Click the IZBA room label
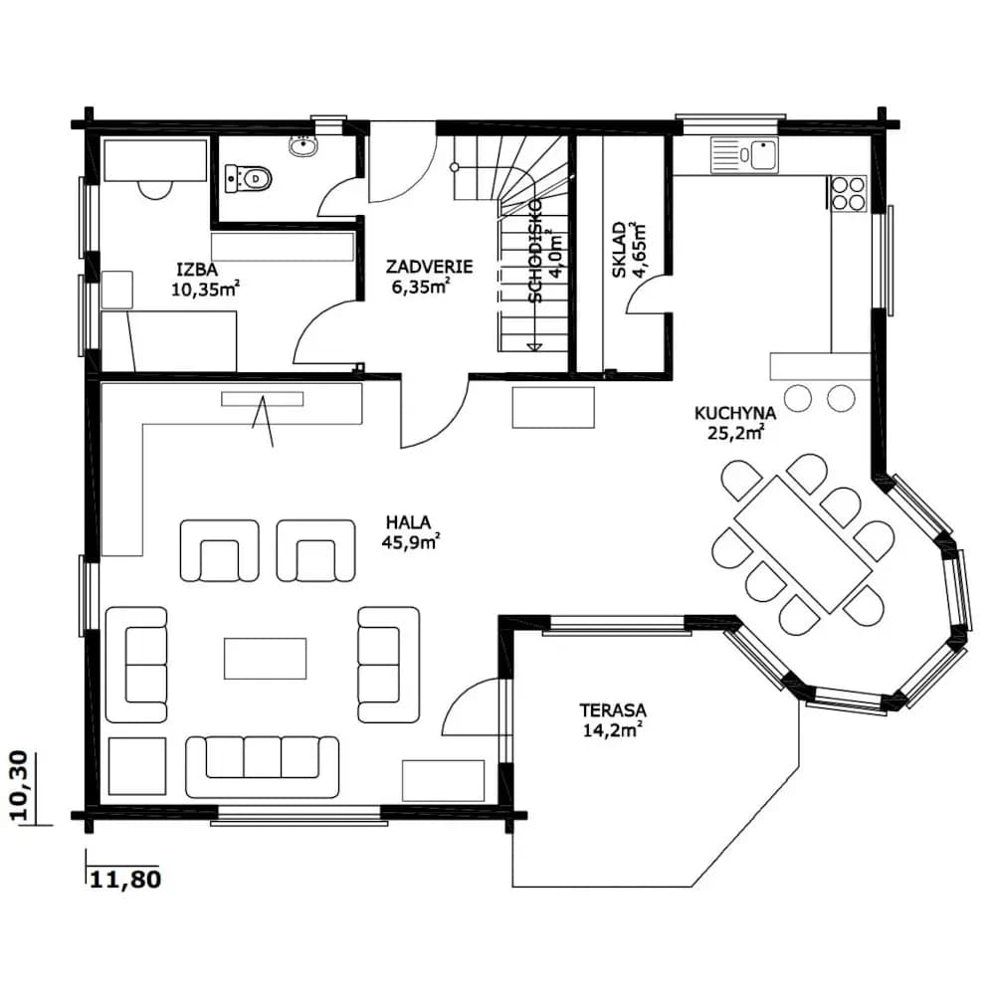click(x=197, y=269)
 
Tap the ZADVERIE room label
click(x=429, y=266)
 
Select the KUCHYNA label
click(x=735, y=413)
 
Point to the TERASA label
click(x=612, y=709)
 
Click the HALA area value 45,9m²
click(x=411, y=542)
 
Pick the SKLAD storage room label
click(x=619, y=250)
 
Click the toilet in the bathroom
click(x=248, y=178)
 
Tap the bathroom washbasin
click(x=303, y=146)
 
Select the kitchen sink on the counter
click(x=743, y=154)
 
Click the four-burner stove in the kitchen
click(x=849, y=193)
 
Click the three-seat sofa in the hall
click(x=262, y=766)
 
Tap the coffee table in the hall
click(x=266, y=659)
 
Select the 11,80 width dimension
click(x=125, y=880)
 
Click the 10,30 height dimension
click(x=20, y=786)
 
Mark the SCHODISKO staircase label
click(x=536, y=250)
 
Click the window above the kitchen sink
click(x=730, y=124)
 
